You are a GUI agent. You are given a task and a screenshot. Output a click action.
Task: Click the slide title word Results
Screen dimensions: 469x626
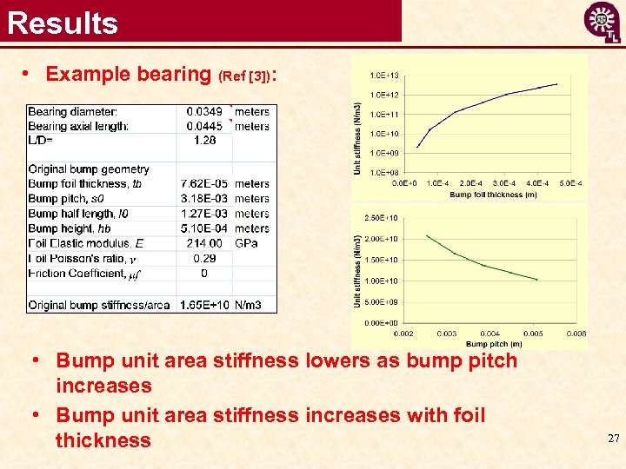63,22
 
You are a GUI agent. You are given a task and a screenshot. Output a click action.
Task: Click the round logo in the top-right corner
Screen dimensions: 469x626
602,21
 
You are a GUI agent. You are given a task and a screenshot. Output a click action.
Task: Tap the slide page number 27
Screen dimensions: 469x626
613,439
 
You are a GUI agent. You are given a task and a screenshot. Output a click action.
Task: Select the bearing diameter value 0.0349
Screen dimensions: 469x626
204,111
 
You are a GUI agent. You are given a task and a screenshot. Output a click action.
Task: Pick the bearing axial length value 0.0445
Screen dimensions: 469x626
204,126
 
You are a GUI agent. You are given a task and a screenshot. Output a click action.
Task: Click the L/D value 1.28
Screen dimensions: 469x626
204,140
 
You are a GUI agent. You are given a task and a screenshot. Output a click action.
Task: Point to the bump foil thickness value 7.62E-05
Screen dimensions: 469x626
201,184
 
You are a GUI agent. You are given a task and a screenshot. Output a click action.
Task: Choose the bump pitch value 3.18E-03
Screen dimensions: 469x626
201,199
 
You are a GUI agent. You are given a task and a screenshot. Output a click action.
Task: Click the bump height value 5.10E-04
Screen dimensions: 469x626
201,228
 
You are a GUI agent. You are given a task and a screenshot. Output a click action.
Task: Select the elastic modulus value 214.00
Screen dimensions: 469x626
204,243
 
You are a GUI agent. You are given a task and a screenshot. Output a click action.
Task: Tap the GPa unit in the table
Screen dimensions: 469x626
246,243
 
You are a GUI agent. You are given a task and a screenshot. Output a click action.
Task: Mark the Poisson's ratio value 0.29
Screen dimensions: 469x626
204,258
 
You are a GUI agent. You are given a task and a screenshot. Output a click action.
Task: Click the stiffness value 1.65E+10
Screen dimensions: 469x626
203,305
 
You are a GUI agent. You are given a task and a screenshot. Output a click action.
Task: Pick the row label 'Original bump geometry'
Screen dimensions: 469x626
89,169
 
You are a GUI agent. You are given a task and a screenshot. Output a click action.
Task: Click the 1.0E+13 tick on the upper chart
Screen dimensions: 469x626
384,76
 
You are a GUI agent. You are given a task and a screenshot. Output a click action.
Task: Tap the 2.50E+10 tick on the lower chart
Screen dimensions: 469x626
383,217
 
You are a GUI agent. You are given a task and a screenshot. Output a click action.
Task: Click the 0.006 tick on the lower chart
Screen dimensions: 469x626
576,334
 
